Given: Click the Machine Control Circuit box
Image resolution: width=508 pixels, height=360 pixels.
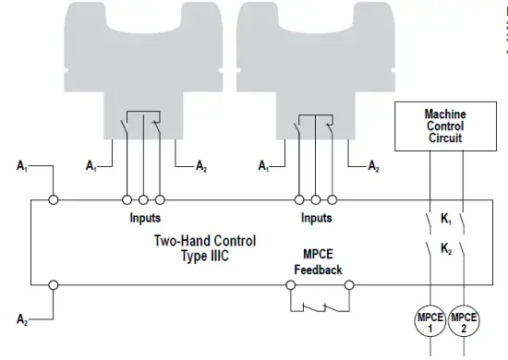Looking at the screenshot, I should click(x=445, y=126).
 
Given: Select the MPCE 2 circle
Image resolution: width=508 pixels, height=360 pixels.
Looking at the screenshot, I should click(x=465, y=322).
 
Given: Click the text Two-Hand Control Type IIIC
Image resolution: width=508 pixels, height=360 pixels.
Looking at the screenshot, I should click(x=204, y=248).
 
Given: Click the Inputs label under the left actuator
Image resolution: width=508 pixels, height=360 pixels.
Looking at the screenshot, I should click(x=145, y=219).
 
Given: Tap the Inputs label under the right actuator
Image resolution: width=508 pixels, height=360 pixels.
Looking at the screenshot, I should click(x=317, y=219).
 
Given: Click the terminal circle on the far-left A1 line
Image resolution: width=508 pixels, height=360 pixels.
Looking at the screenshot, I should click(x=54, y=198).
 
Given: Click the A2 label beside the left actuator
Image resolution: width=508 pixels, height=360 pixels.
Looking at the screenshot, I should click(x=202, y=167).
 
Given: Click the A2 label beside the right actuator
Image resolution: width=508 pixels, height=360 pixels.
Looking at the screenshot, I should click(x=374, y=167).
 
